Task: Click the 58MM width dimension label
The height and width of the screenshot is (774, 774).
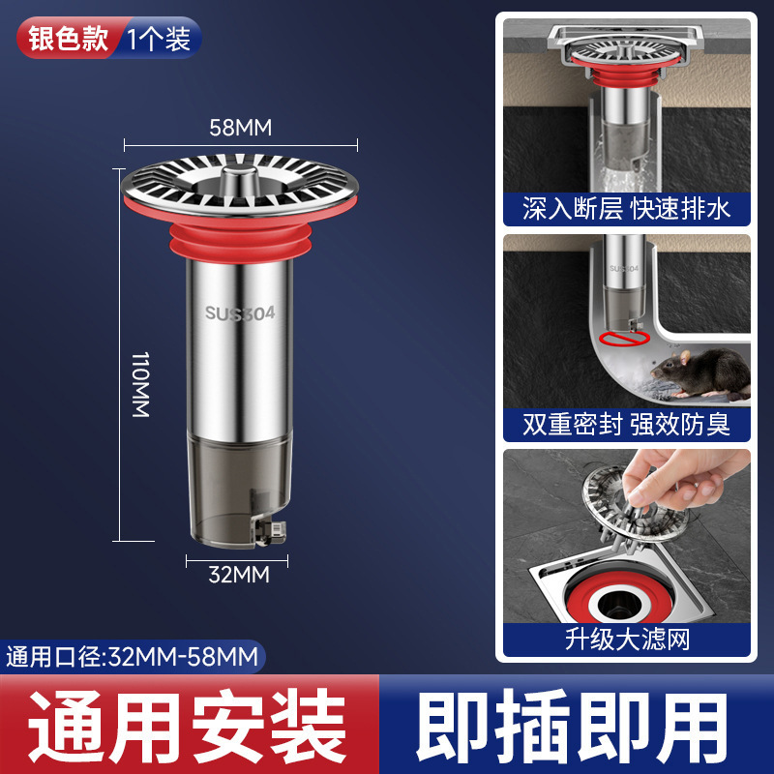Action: tap(241, 127)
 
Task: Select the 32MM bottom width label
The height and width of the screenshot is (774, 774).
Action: tap(239, 575)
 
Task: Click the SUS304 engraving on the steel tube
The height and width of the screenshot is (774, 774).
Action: tap(239, 313)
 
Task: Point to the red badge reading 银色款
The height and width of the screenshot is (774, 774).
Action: tap(67, 40)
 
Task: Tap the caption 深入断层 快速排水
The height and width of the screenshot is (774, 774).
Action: tap(626, 208)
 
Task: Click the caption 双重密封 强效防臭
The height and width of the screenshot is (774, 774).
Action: tap(626, 424)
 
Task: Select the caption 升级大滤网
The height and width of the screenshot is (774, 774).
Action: tap(626, 640)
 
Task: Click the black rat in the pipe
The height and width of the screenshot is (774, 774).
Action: tap(699, 372)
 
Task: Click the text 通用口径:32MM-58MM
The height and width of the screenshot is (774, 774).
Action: tap(133, 657)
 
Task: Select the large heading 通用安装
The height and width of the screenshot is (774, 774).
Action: tap(190, 726)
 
